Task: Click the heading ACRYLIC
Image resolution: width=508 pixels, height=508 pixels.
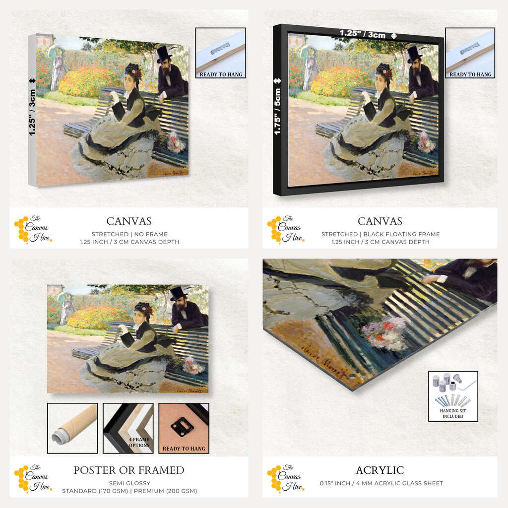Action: pos(380,470)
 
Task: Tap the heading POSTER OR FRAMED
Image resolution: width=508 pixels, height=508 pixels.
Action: pos(129,470)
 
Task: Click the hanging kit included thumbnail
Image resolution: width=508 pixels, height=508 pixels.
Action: pos(453,396)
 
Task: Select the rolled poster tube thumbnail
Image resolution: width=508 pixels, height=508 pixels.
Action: pos(72,428)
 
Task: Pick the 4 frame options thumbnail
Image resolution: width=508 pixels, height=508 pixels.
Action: pos(128,428)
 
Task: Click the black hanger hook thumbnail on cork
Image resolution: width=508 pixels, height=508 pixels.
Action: pos(184,428)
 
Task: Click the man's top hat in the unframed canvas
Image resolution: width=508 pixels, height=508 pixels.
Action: pos(164,54)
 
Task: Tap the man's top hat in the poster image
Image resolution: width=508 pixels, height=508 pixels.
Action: pos(179,293)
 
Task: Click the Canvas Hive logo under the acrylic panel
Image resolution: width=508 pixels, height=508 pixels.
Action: pos(286,477)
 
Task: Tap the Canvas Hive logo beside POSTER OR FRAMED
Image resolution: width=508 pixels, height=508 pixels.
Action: pos(33,477)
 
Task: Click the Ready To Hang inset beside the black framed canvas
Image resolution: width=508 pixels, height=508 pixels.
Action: pos(470,53)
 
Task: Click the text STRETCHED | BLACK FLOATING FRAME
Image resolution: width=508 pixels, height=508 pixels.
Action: pos(381,234)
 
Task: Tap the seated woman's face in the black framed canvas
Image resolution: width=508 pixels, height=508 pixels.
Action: pos(380,80)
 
